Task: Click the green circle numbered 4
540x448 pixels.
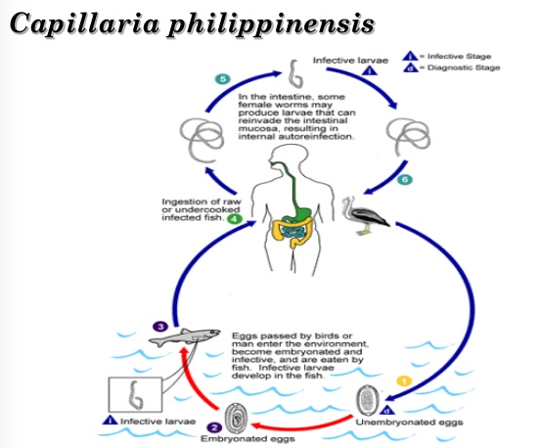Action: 235,220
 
